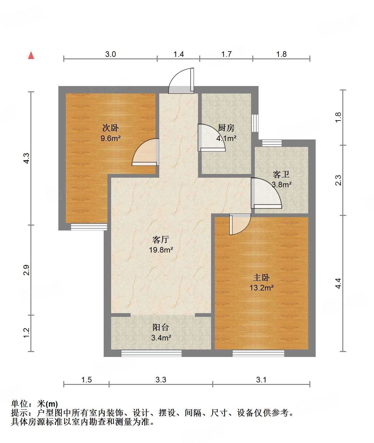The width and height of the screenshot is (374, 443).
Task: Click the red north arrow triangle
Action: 31,55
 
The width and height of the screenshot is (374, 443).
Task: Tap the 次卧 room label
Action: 110,128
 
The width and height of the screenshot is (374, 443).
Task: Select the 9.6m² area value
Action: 110,138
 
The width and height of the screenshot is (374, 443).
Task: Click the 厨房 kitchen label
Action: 226,128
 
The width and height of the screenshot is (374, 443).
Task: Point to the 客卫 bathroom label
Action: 281,174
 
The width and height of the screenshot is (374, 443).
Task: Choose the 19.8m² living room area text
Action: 161,250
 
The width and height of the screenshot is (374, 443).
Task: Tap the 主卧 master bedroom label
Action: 261,277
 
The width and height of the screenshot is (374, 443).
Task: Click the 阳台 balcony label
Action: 161,327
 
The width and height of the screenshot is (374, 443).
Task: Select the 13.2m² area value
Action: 261,288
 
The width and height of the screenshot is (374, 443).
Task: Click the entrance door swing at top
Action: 181,81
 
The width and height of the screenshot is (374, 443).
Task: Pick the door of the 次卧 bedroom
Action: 146,152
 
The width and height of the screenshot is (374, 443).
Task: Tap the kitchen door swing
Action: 212,138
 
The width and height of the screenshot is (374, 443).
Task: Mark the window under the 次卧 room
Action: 89,227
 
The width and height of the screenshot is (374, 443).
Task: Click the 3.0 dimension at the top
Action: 110,54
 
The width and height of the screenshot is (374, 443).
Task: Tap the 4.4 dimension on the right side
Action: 338,283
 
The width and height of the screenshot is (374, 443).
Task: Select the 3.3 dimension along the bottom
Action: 161,380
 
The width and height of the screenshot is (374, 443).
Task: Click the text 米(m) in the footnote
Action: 47,404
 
